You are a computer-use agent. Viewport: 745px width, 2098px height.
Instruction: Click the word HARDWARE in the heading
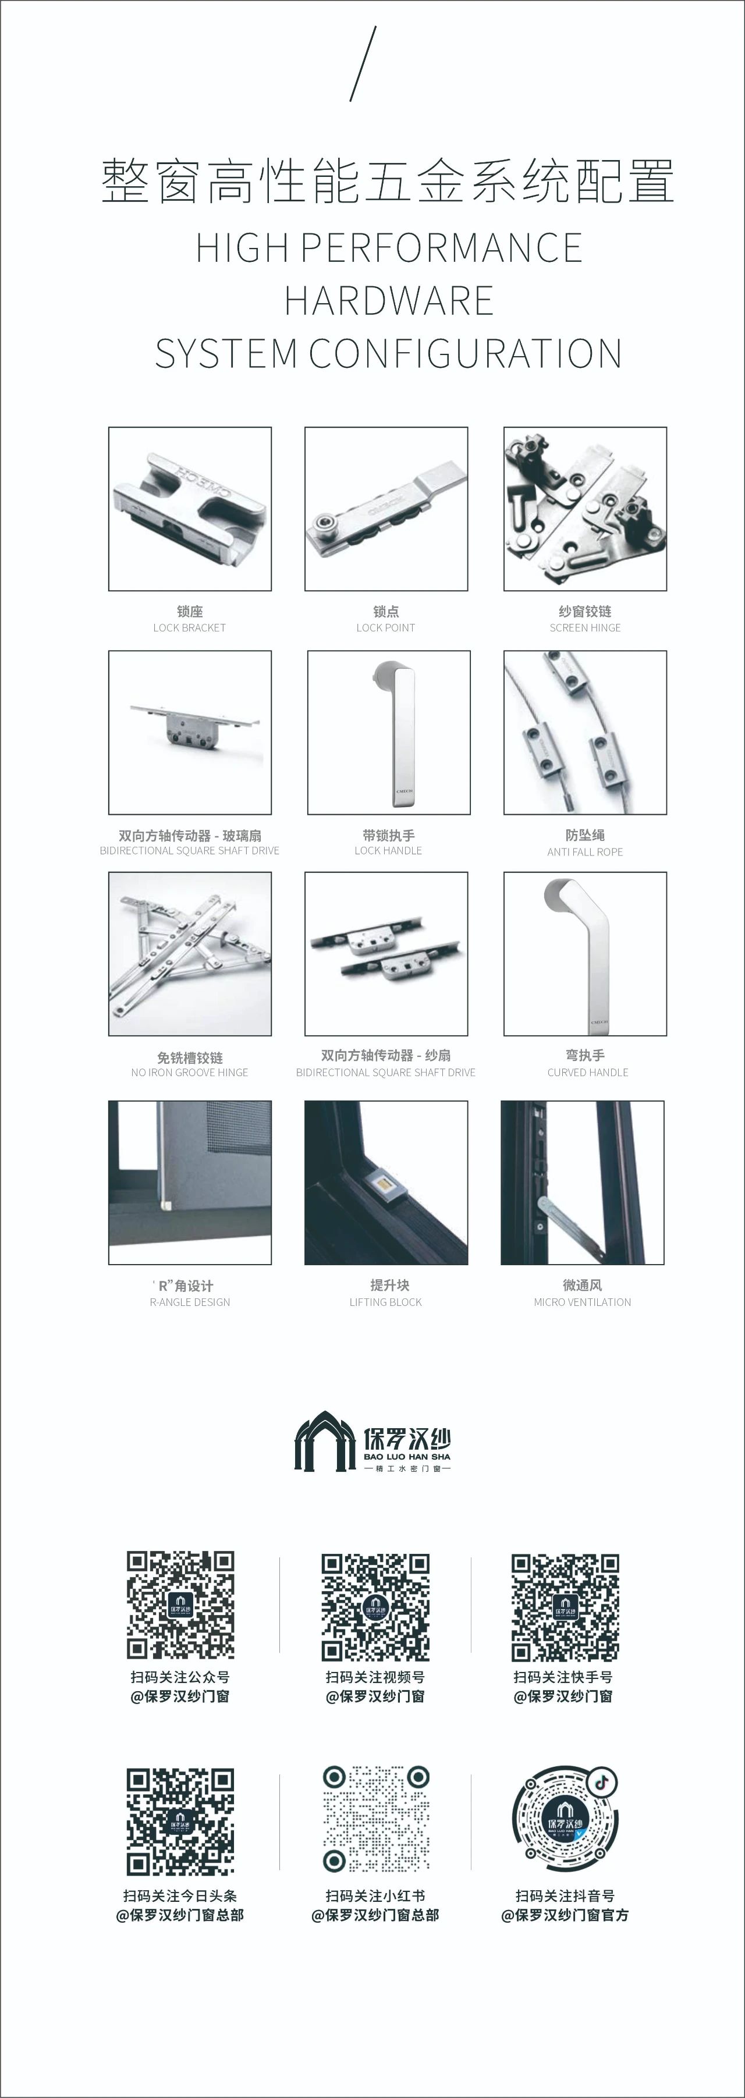[x=388, y=300]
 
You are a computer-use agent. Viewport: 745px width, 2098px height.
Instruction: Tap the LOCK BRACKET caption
[x=189, y=628]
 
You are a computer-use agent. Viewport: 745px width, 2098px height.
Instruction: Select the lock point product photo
[x=386, y=509]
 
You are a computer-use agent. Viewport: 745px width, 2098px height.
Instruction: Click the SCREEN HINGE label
[x=584, y=628]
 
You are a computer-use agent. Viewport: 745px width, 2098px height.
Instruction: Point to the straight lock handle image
[x=388, y=732]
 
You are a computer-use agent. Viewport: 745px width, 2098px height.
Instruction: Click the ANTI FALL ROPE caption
[x=584, y=852]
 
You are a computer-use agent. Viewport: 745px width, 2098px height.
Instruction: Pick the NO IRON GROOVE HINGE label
[x=190, y=1073]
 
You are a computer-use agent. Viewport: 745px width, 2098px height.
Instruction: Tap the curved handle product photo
[x=584, y=954]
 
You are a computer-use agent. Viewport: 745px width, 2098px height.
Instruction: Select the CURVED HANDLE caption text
[x=588, y=1073]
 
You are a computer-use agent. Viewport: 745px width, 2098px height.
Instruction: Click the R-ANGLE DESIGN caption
[x=190, y=1302]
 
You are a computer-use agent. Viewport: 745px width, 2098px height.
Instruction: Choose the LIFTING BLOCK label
[x=385, y=1302]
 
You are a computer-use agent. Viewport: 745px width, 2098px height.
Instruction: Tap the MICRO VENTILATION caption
[x=582, y=1302]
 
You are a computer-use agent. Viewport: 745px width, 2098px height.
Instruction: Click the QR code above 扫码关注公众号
[x=180, y=1605]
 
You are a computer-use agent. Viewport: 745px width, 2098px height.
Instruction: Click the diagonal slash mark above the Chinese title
[x=363, y=63]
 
